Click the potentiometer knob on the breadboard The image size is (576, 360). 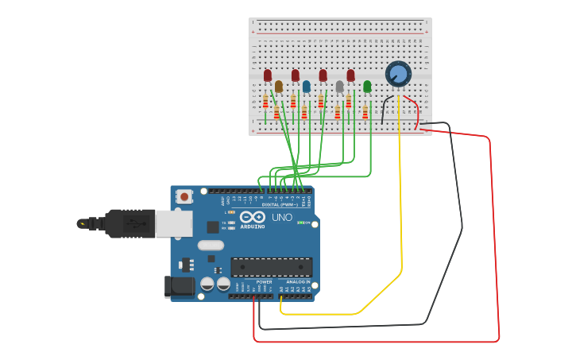point(398,74)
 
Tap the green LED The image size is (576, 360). point(367,86)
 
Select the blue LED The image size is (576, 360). point(306,86)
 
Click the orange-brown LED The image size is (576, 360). point(278,86)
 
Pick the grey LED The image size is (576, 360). point(339,86)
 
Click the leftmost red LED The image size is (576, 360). point(267,75)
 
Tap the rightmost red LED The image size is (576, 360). point(350,75)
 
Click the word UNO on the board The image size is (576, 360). point(282,217)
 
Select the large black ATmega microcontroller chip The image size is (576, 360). point(271,267)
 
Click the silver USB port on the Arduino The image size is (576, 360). point(173,224)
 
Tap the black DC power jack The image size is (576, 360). point(179,287)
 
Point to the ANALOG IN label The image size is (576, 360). point(298,282)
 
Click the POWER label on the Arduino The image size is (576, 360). point(265,282)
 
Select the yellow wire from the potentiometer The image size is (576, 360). point(401,199)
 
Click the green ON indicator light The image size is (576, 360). point(299,223)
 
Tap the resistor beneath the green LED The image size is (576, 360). point(365,112)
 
